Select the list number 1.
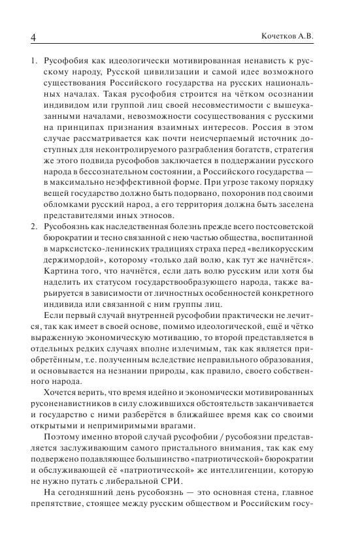coord(33,59)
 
